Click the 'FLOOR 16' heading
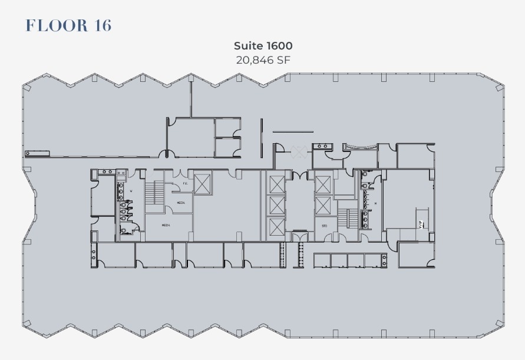[68, 25]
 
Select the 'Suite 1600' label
[263, 45]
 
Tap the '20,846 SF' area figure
[263, 60]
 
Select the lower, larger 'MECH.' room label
[167, 225]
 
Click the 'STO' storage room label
[324, 226]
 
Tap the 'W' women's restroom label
[131, 191]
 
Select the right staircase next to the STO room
[351, 218]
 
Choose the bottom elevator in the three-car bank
[276, 228]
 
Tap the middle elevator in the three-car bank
[276, 206]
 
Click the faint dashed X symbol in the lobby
[298, 152]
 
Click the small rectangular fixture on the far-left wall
[37, 153]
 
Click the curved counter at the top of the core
[360, 147]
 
